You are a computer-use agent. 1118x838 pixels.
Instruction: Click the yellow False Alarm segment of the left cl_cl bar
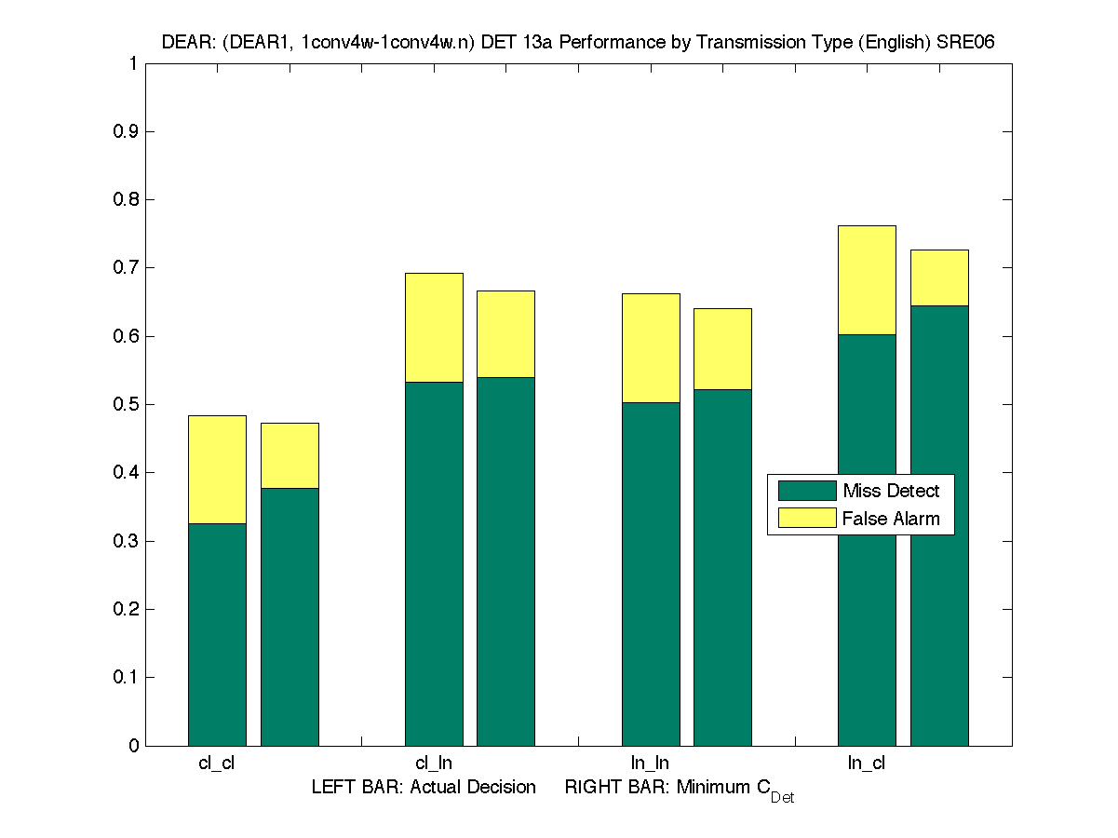pos(217,469)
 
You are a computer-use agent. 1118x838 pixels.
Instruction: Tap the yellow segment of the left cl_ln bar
pos(434,327)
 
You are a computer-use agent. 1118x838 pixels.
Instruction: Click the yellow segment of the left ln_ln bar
pos(651,347)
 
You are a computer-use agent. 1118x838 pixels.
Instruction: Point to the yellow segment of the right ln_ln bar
pos(722,348)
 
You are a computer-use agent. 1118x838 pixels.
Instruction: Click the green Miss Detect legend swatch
pos(807,491)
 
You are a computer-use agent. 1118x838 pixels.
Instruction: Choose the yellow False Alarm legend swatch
pos(807,518)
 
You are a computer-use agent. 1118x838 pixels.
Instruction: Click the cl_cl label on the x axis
pos(216,764)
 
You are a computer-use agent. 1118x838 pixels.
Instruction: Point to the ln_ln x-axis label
pos(650,764)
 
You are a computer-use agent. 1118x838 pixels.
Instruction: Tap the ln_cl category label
pos(866,764)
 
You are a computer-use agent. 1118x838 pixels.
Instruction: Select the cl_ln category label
pos(434,764)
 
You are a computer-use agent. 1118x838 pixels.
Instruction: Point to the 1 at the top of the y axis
pos(133,63)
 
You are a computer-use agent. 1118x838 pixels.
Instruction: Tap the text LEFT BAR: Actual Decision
pos(424,788)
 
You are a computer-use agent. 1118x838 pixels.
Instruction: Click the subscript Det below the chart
pos(782,798)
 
